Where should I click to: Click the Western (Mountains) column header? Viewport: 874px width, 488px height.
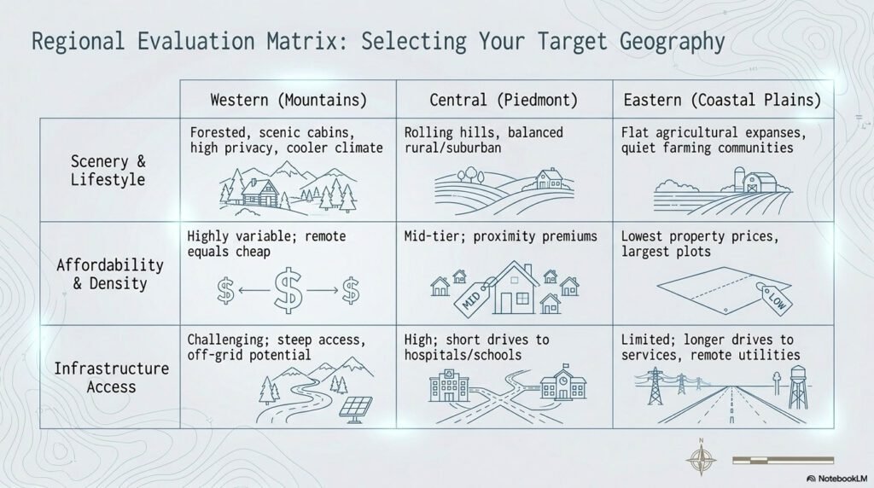tap(288, 100)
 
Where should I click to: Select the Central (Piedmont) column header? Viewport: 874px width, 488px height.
tap(504, 100)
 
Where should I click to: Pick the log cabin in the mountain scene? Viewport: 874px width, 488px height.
tap(258, 190)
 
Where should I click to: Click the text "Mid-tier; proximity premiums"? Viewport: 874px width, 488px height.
tap(500, 236)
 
